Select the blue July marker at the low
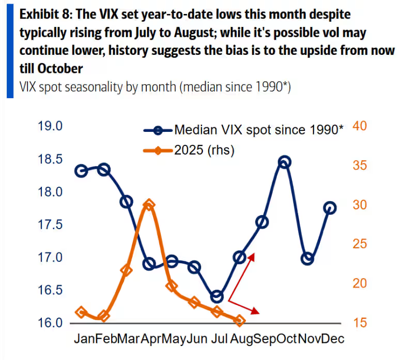click(x=217, y=297)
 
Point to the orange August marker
click(x=239, y=321)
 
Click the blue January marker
click(x=81, y=171)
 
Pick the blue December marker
click(x=330, y=208)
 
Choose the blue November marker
click(x=307, y=259)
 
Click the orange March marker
click(x=126, y=270)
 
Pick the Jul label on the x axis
click(x=219, y=339)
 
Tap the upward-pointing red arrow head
click(x=253, y=256)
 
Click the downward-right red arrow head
click(x=256, y=311)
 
